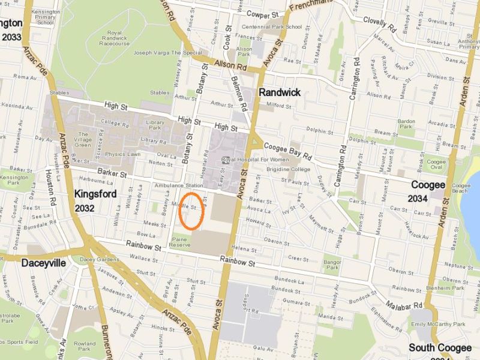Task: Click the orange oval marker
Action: [x=191, y=211]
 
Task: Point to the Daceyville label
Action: [x=43, y=263]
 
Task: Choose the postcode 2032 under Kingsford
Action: [x=85, y=208]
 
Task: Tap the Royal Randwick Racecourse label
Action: [x=114, y=38]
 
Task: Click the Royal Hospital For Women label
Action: [x=254, y=160]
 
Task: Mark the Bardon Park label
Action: [x=406, y=124]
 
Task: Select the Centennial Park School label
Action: [x=277, y=26]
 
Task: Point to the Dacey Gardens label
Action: [x=100, y=259]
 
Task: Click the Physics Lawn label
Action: [x=122, y=154]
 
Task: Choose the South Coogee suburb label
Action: [x=436, y=347]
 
